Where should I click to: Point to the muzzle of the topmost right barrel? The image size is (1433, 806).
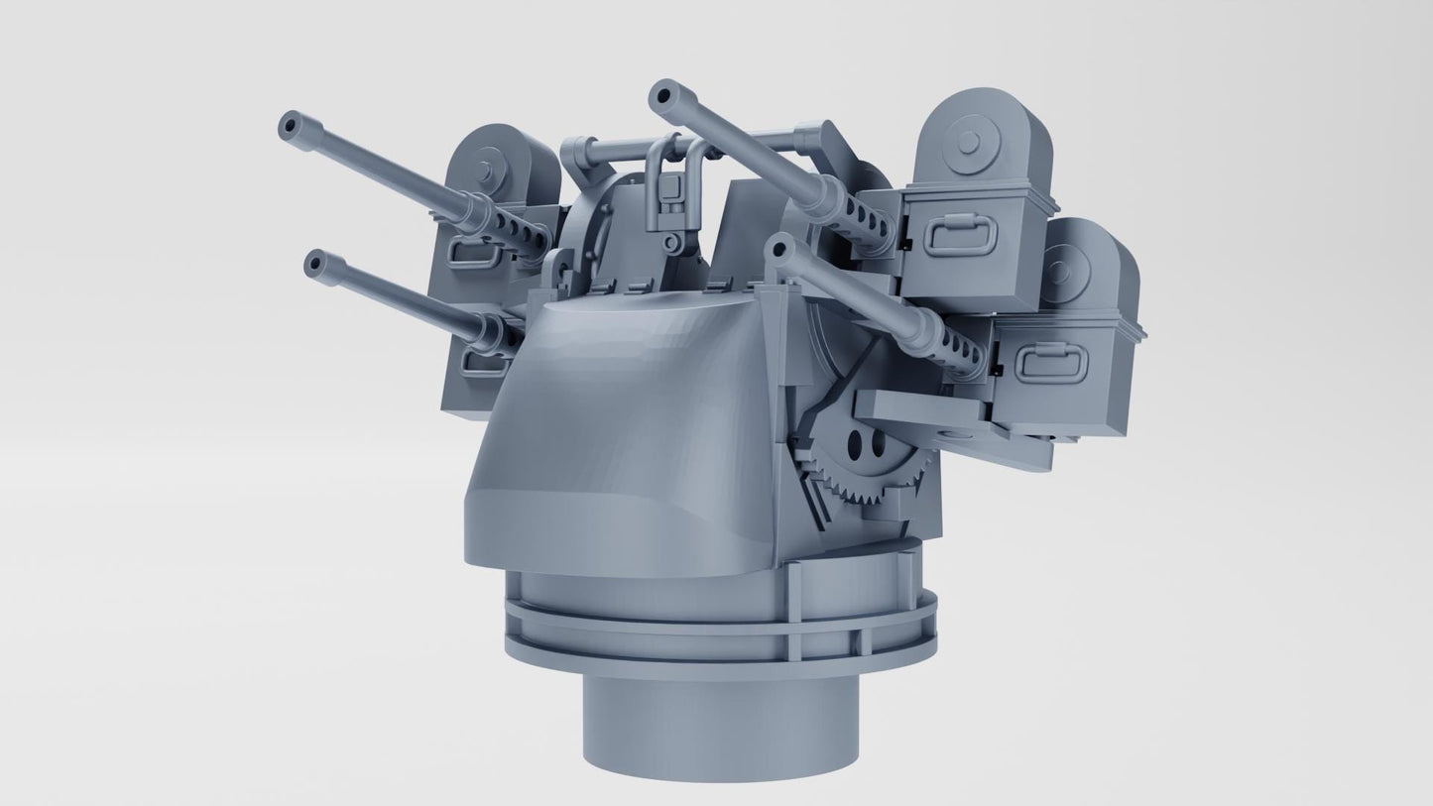click(x=661, y=95)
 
